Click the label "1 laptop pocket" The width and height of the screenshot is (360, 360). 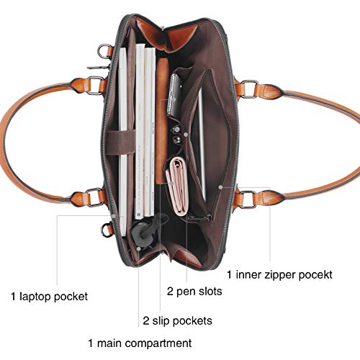tap(50, 297)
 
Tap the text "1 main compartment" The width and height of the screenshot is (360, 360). tap(140, 343)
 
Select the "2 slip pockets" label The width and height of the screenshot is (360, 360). tap(178, 321)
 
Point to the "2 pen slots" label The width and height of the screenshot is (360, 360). tap(194, 292)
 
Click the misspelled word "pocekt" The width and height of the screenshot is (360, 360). tap(315, 275)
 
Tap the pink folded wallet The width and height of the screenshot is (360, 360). tap(177, 185)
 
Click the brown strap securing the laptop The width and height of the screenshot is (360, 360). tap(121, 143)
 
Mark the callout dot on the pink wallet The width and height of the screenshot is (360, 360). tap(171, 183)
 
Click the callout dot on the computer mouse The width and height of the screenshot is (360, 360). tap(139, 248)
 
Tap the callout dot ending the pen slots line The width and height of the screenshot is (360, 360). tap(186, 135)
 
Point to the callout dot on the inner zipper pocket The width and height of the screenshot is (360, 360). tap(220, 187)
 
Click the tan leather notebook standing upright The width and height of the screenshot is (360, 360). tap(162, 121)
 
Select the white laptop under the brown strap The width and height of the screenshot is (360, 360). tap(123, 142)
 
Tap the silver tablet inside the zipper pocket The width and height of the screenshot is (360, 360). tap(202, 144)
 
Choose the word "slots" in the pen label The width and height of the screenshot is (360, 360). tap(210, 291)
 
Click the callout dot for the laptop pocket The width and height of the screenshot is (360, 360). tap(114, 216)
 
